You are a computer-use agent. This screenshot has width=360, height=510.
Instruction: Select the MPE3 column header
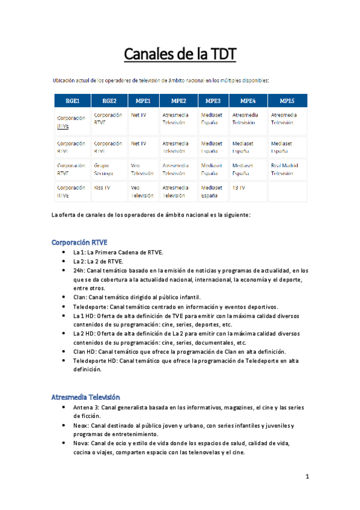[x=213, y=100]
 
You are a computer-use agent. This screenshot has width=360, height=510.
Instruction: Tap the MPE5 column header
[x=287, y=100]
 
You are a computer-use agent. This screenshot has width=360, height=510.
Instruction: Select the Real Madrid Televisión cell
[x=287, y=168]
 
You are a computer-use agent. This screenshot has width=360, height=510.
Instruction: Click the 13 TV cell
[x=239, y=187]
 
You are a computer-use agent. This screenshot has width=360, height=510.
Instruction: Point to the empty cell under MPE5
[x=287, y=191]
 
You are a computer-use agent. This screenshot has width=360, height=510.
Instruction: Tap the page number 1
[x=307, y=477]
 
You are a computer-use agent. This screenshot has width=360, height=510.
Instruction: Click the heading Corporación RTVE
[x=79, y=242]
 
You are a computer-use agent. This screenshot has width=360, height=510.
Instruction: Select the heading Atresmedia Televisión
[x=86, y=397]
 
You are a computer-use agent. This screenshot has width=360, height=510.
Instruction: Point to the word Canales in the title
[x=150, y=56]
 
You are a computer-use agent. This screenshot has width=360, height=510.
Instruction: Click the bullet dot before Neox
[x=64, y=425]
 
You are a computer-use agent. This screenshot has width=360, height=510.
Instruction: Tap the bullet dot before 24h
[x=64, y=271]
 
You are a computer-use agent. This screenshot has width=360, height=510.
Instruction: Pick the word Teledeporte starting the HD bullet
[x=89, y=361]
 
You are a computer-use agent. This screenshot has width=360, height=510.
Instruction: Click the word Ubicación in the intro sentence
[x=65, y=80]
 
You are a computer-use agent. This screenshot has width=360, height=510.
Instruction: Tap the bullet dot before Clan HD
[x=64, y=351]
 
